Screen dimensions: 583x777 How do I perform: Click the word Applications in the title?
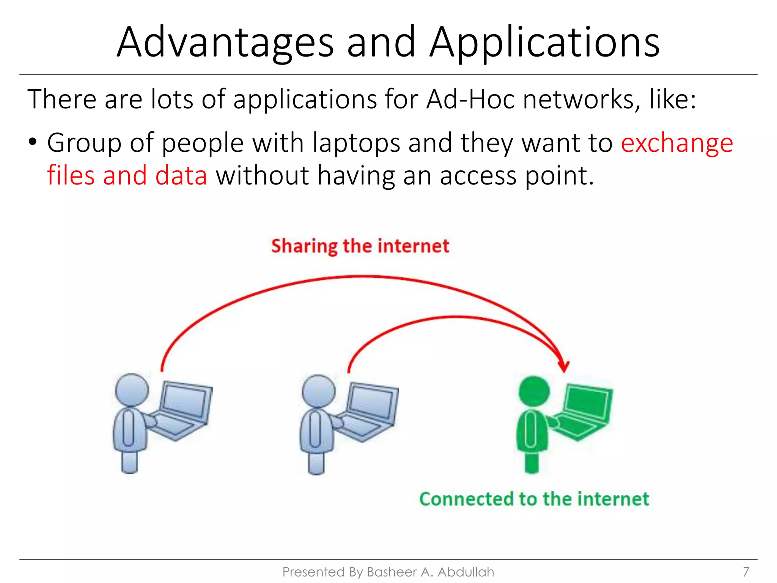[544, 43]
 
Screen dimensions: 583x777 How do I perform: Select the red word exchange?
[677, 143]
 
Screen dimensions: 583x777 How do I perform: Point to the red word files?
[71, 175]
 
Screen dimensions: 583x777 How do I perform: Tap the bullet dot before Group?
[33, 142]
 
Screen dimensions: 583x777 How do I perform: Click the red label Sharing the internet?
[360, 246]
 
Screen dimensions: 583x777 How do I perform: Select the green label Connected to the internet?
[534, 499]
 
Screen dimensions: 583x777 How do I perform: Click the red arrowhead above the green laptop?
[564, 366]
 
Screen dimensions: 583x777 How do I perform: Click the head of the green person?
[534, 391]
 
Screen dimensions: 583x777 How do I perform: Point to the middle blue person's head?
[318, 391]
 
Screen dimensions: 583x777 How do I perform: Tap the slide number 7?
[746, 572]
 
